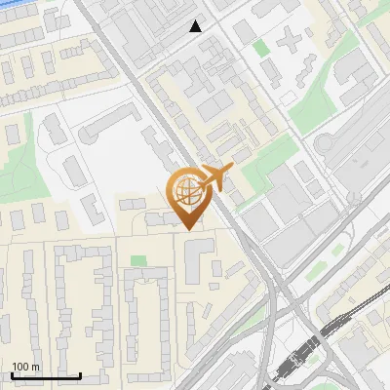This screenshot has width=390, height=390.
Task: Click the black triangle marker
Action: tap(196, 26)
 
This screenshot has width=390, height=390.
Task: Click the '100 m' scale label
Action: tap(25, 367)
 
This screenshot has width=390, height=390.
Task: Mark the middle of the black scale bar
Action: tap(46, 375)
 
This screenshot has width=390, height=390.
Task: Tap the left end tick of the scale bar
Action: tap(12, 373)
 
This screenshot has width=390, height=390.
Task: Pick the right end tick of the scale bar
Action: tap(80, 373)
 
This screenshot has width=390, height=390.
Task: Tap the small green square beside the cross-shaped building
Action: tap(260, 46)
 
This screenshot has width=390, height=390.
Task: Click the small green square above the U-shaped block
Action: tap(138, 261)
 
